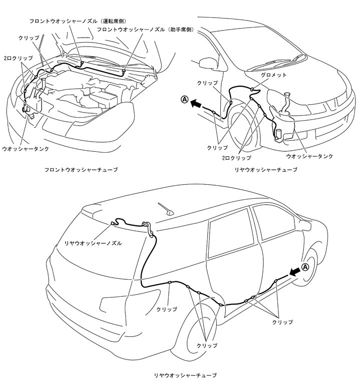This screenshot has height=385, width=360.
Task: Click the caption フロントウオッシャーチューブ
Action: pos(81,170)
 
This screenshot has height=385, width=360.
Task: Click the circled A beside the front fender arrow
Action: pos(184,100)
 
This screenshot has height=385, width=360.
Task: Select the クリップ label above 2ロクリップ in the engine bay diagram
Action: pos(26,38)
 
